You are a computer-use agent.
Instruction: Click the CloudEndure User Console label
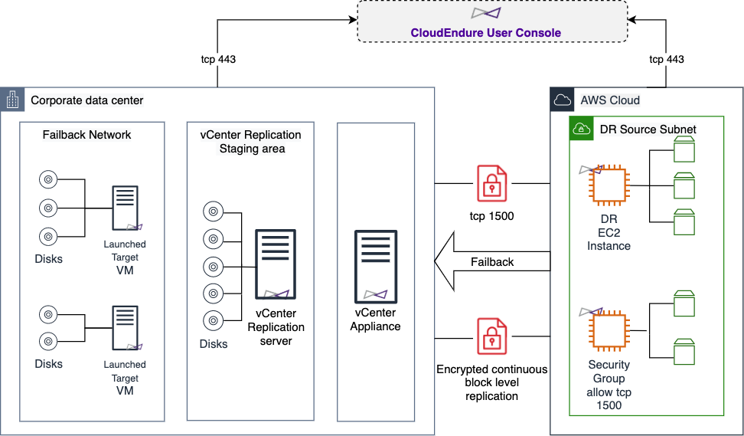485,33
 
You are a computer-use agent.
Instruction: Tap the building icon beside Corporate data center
12,100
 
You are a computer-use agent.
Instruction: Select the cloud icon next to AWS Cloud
563,100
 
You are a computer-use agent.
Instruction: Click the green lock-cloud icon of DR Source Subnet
580,129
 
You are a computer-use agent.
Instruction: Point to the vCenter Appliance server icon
375,265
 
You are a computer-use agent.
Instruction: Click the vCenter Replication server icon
276,265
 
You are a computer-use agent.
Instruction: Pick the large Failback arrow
492,262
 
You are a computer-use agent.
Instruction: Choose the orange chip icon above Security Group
608,331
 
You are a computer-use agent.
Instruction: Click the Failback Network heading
86,135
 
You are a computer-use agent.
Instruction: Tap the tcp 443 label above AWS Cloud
666,59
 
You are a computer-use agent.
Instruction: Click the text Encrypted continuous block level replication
492,382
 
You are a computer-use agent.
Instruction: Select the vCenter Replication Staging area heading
250,142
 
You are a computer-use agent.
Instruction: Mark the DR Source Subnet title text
648,129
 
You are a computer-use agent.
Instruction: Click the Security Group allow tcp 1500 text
609,385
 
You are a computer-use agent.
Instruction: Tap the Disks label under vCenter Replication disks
214,344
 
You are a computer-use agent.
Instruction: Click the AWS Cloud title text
610,100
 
